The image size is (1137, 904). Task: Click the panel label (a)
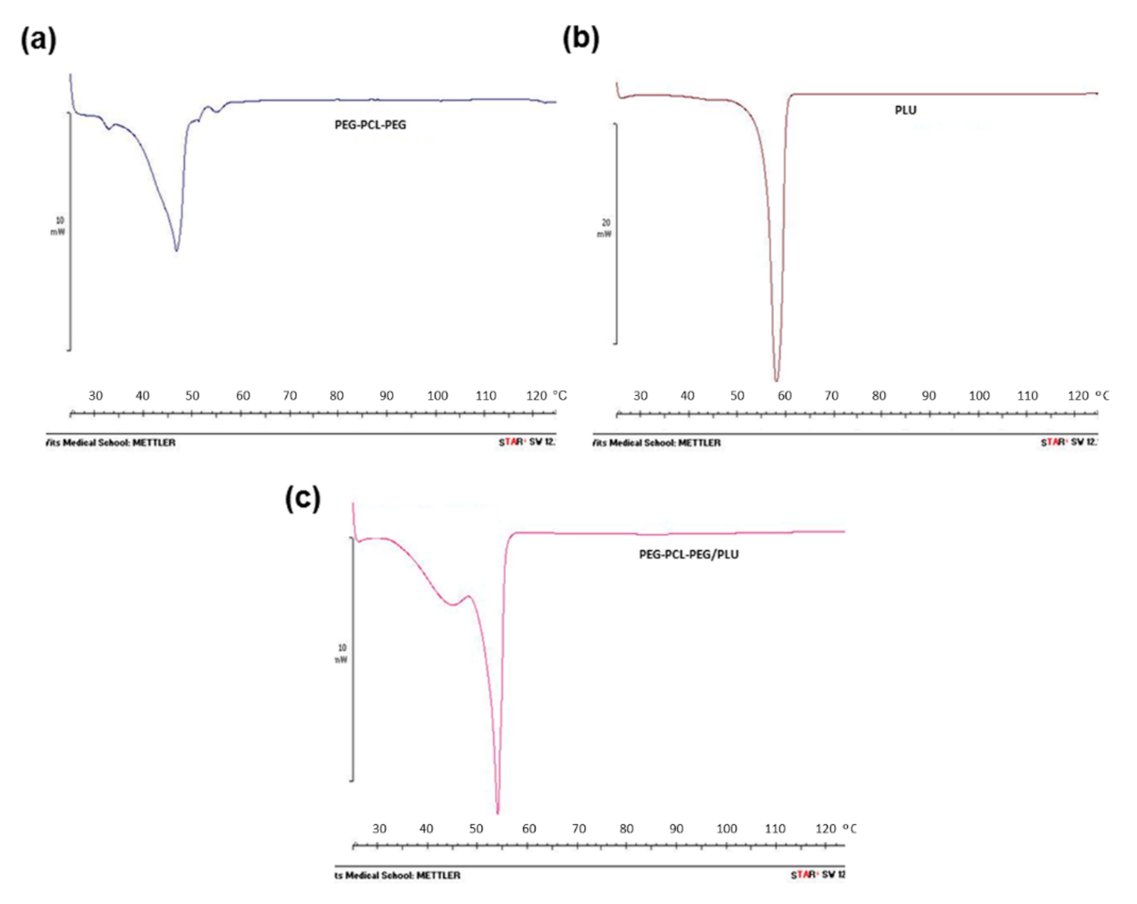[38, 40]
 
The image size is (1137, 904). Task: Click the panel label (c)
[302, 498]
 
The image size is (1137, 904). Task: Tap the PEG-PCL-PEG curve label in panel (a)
[370, 125]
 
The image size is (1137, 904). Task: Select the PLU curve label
[905, 110]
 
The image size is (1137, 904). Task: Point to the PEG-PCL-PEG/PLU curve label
[688, 554]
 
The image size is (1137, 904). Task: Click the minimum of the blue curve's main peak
[176, 250]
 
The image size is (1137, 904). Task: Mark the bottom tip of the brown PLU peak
[776, 379]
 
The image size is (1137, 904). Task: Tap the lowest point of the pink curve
[498, 811]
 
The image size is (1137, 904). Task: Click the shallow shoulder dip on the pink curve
[452, 604]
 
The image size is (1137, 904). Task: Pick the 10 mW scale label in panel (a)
[59, 226]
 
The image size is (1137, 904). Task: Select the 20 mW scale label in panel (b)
[605, 228]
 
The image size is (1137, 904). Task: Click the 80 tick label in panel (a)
[337, 395]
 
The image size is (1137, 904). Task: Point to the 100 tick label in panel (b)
[979, 395]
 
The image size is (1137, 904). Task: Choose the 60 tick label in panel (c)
[529, 828]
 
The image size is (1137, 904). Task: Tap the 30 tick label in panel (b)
[640, 395]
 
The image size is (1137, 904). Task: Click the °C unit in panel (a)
[559, 395]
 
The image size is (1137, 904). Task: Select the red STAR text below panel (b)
[1053, 442]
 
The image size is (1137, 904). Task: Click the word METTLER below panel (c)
[438, 875]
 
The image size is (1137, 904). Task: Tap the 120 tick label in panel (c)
[826, 828]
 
